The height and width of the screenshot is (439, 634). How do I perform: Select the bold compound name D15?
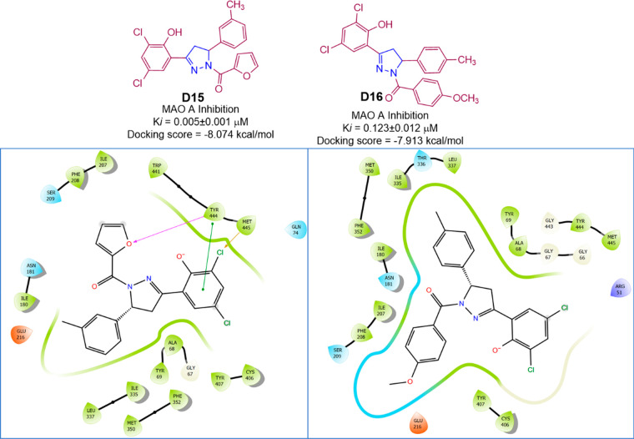pos(198,111)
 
